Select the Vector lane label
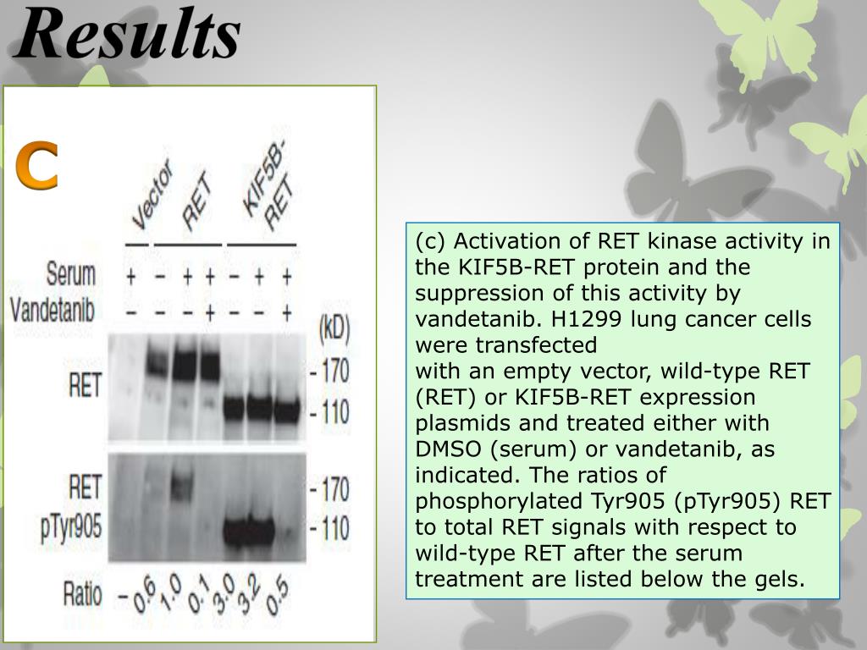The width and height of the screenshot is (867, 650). [152, 196]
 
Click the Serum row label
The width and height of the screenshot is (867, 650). [70, 274]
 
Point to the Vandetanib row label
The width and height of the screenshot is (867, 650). [52, 309]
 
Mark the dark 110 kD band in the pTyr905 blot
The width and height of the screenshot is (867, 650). [249, 531]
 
